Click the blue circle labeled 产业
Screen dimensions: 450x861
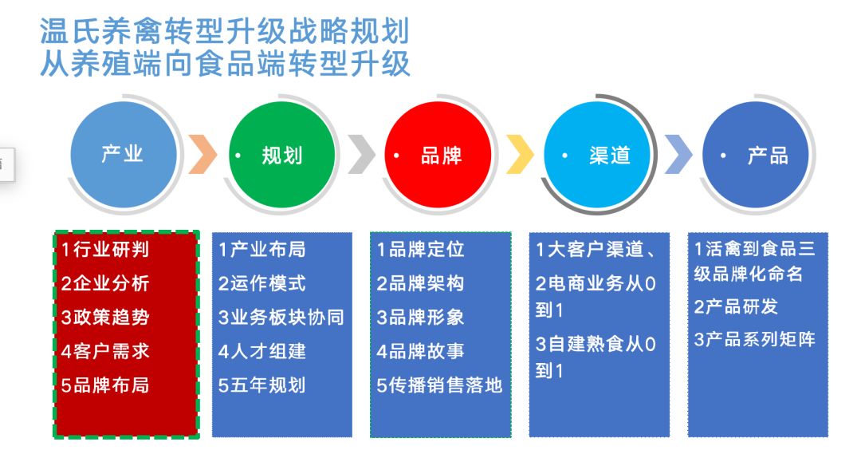pos(123,154)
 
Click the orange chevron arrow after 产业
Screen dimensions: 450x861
pos(202,154)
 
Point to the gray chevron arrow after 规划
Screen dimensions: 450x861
pos(361,154)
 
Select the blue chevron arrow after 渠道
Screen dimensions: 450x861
pos(678,154)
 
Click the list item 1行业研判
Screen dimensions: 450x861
pos(105,250)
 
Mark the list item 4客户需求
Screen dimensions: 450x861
pos(105,351)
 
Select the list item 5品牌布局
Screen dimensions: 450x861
pos(105,385)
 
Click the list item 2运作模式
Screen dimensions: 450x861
pos(262,284)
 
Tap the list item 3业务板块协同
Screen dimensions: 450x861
pos(281,318)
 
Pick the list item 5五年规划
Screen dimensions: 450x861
pos(262,385)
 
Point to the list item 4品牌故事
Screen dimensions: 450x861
pos(421,351)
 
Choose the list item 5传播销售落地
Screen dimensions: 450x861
pos(439,385)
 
